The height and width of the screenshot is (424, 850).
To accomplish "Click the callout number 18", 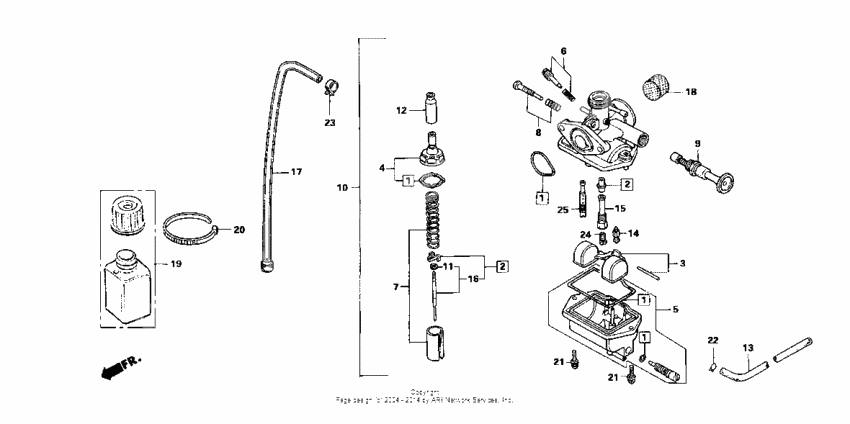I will (690, 91).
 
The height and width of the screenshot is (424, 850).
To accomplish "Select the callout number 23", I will (331, 123).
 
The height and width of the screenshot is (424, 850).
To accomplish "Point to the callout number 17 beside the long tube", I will (295, 172).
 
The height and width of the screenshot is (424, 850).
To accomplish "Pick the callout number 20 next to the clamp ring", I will (238, 229).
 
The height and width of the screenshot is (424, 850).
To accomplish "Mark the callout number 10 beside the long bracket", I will (343, 187).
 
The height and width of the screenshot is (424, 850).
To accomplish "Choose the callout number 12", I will (401, 110).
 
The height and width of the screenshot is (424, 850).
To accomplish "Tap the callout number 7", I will (398, 287).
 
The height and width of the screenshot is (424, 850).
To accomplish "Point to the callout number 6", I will (563, 51).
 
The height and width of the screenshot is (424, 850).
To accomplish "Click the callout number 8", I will (537, 131).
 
